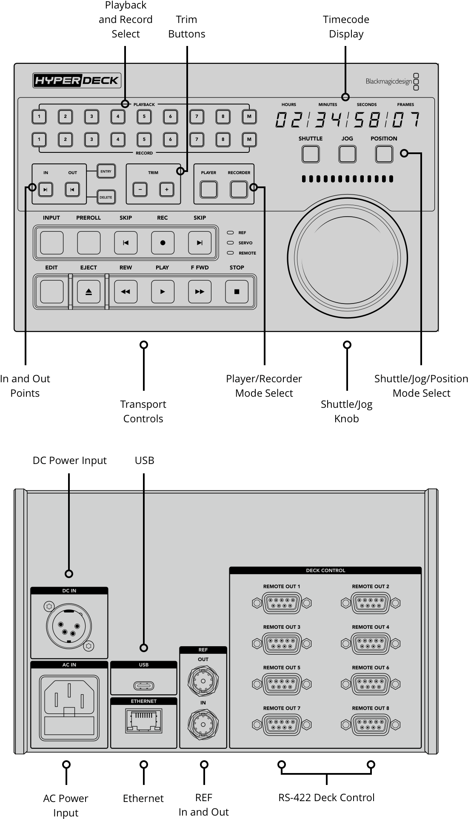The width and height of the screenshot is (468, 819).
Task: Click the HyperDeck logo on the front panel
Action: coord(77,80)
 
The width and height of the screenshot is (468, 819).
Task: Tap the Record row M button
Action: coord(249,139)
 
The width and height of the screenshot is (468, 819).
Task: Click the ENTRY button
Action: coord(106,172)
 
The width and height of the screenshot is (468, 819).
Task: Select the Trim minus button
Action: coord(140,189)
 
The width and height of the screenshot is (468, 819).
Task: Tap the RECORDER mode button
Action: coord(239,189)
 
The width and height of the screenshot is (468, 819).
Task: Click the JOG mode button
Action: coord(347,154)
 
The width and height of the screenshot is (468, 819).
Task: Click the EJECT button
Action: coord(88,292)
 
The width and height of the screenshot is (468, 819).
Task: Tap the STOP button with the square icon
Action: coord(237,292)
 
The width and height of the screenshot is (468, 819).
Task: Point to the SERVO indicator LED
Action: coord(231,243)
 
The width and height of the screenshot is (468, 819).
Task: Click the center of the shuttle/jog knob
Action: coord(347,258)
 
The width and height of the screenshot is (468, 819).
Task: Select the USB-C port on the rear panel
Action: coord(144,686)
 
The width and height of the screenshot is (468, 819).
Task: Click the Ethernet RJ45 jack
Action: coord(144,721)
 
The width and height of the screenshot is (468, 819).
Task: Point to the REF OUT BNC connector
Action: coord(203,681)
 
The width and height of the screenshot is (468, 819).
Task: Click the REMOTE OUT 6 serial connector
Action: coord(370,684)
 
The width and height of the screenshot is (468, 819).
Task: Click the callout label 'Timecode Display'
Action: coord(346,26)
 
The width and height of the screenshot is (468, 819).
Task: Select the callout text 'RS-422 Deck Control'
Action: coord(326,798)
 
